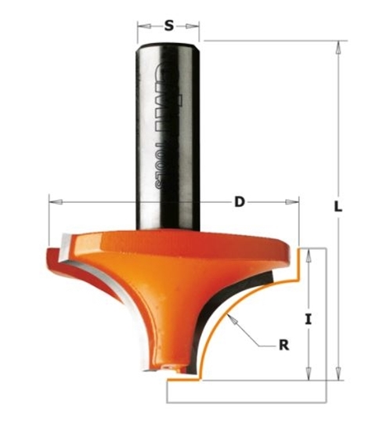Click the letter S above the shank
click(168, 26)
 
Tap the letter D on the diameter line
click(240, 202)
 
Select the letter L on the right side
click(338, 208)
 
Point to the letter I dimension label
click(309, 320)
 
